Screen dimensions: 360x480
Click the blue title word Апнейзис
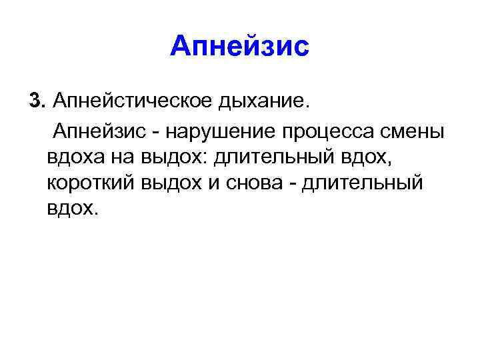pyautogui.click(x=240, y=47)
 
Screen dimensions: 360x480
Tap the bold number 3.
pyautogui.click(x=35, y=101)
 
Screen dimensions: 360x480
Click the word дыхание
pyautogui.click(x=261, y=102)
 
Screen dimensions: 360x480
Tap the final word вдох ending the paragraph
pyautogui.click(x=72, y=209)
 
